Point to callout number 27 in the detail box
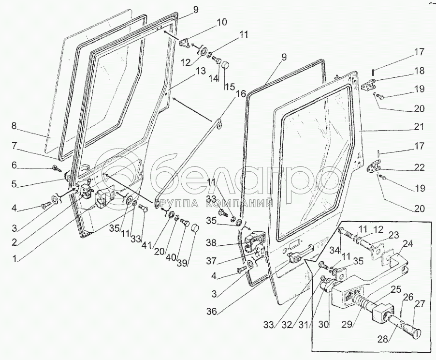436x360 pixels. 418,304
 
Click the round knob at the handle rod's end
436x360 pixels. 414,333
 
